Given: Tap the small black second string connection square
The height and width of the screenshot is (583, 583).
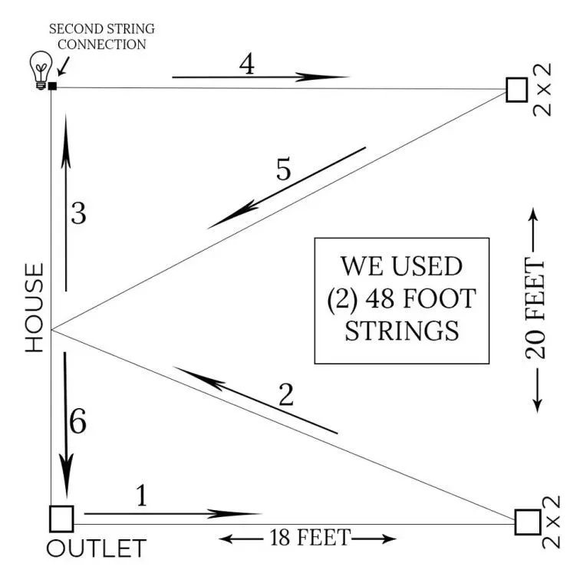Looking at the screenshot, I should (x=52, y=85).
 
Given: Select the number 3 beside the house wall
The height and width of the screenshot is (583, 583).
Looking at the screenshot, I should (x=77, y=214).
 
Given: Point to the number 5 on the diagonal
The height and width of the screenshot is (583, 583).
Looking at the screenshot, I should (x=284, y=170).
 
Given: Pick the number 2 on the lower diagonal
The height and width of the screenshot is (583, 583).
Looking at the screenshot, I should (x=285, y=395).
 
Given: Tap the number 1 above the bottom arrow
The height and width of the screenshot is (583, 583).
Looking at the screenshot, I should (x=140, y=496).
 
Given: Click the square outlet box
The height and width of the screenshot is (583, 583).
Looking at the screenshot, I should (x=61, y=519).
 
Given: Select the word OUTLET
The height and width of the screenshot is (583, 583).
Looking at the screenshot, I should (x=96, y=549).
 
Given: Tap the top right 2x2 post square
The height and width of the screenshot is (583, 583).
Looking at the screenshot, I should (x=517, y=89).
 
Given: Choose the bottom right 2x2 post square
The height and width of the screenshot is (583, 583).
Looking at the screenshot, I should (x=527, y=522).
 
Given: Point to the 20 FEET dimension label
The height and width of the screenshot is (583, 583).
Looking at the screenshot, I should (x=535, y=310).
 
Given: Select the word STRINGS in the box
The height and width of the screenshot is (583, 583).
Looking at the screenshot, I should (x=402, y=331).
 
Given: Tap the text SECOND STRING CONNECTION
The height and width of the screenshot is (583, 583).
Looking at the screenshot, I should (x=102, y=37).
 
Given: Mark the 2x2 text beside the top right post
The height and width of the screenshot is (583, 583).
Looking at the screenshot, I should (x=544, y=90).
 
